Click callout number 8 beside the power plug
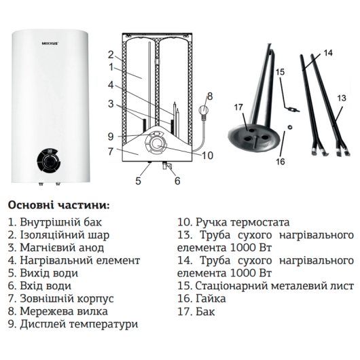(210, 96)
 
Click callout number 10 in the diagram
(207, 156)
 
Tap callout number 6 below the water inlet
(177, 181)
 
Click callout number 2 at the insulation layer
(111, 54)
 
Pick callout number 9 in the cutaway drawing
(111, 137)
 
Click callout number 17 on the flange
(239, 107)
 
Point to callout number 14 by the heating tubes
(328, 53)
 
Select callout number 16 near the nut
(281, 162)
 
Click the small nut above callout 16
(290, 126)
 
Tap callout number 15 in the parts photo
(280, 72)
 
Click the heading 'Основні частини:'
(58, 205)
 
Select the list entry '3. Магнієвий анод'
(56, 247)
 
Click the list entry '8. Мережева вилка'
(58, 311)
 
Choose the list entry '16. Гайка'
(202, 298)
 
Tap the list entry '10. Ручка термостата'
(234, 222)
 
